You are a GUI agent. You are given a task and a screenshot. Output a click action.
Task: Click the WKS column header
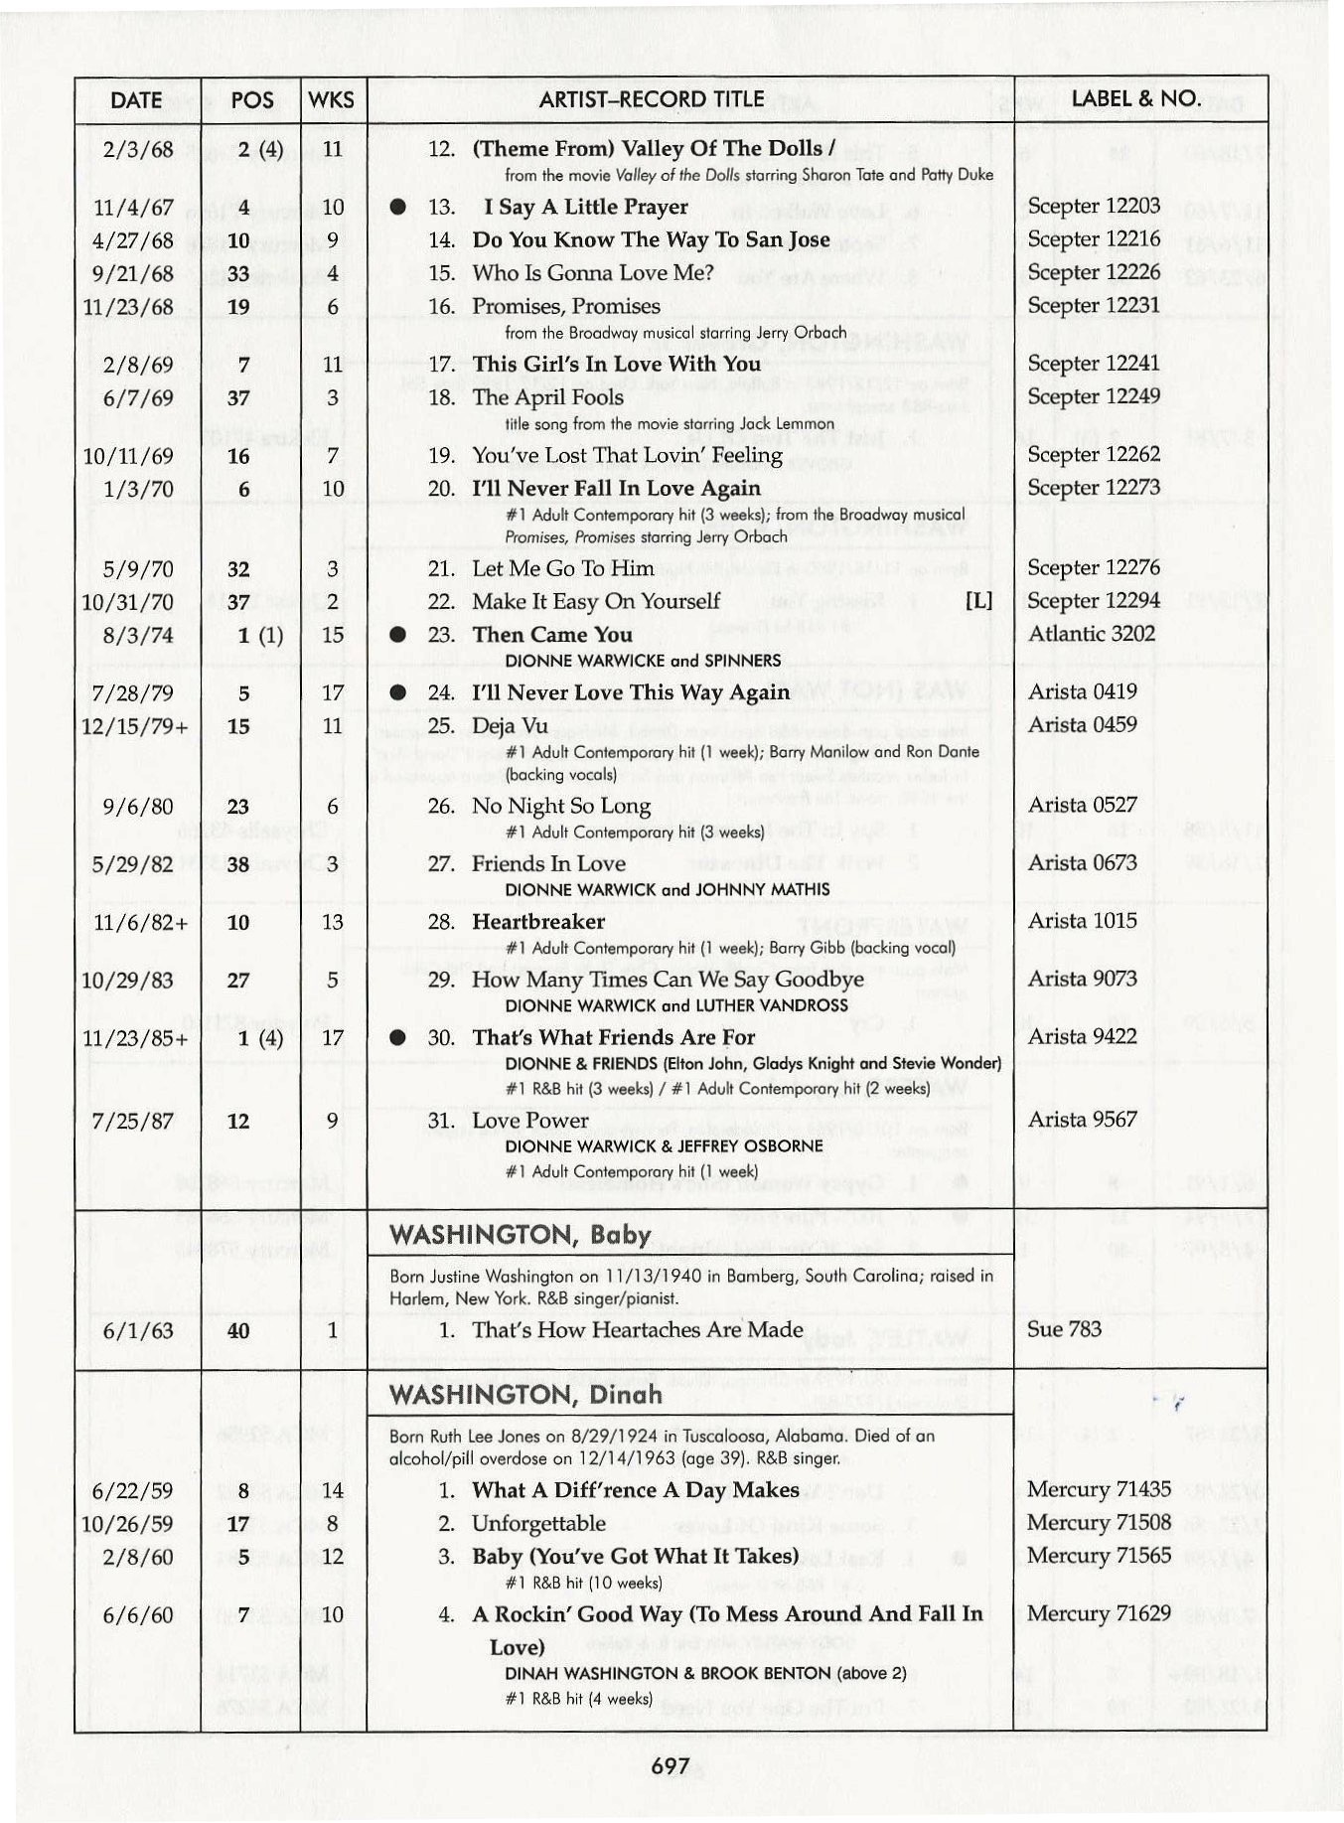pos(332,100)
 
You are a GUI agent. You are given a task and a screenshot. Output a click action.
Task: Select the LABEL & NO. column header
pos(1136,99)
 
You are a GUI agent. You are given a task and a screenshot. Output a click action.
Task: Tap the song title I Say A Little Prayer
pos(585,208)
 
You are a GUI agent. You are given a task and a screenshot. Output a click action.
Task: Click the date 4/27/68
pos(132,241)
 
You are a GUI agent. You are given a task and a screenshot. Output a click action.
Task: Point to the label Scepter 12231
pos(1093,306)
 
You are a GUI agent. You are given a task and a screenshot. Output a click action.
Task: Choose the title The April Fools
pos(548,397)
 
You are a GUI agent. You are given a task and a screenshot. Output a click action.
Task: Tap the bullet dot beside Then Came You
pos(398,635)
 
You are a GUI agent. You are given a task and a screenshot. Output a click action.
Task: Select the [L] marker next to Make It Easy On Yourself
pos(978,602)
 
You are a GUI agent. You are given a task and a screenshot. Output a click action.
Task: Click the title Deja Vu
pos(510,726)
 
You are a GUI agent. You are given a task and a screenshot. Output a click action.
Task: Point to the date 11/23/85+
pos(134,1038)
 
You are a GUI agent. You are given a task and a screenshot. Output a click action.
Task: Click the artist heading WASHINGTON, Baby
pos(521,1235)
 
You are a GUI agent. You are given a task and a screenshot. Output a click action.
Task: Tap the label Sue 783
pos(1064,1329)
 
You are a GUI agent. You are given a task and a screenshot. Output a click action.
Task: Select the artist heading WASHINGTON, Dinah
pos(525,1394)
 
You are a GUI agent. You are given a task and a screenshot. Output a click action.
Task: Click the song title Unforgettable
pos(538,1523)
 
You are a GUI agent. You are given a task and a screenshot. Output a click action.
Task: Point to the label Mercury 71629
pos(1099,1614)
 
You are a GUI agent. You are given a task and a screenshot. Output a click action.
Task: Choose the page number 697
pos(671,1765)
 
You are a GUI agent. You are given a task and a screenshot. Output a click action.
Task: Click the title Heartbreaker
pos(538,922)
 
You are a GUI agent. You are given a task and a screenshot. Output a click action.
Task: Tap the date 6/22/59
pos(132,1491)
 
